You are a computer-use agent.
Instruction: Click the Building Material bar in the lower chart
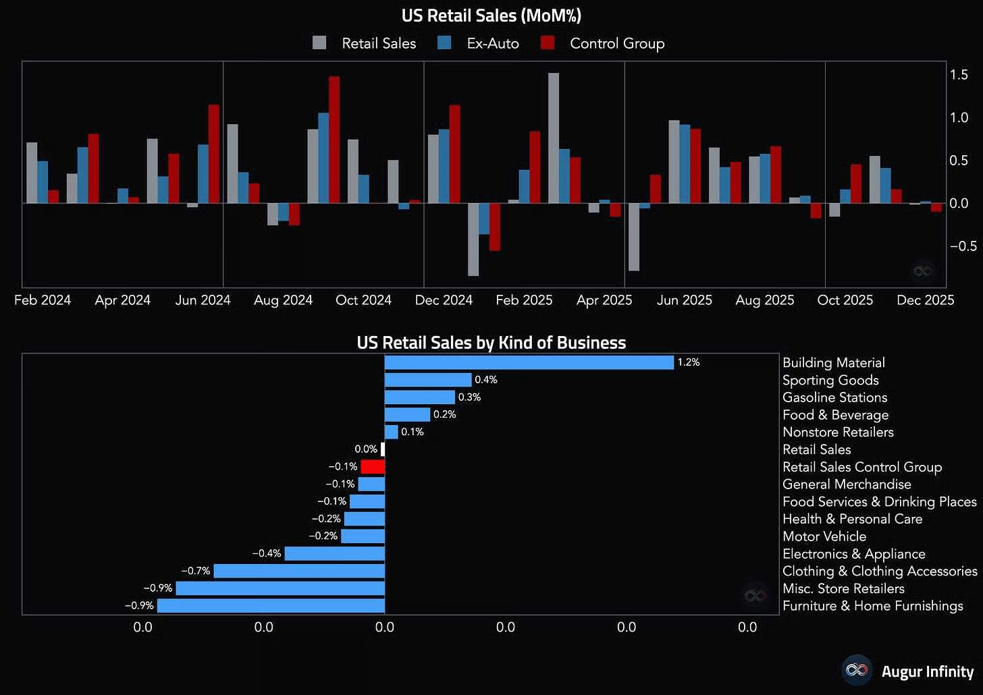coord(529,362)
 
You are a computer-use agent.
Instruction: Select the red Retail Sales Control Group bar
coord(373,466)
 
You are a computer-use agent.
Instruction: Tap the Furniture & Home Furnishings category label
coord(872,606)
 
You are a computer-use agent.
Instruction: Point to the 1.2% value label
coord(689,362)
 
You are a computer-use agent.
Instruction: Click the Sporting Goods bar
coord(427,380)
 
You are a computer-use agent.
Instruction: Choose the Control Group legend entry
coord(616,44)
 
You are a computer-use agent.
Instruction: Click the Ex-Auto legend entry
coord(492,44)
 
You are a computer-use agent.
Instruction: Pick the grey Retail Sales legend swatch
coord(319,43)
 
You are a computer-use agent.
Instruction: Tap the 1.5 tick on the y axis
coord(959,74)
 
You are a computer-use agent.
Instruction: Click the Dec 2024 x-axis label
coord(444,300)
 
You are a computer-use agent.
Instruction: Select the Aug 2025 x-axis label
coord(764,300)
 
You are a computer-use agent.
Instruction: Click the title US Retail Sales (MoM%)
coord(491,15)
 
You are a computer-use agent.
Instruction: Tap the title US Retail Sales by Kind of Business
coord(491,343)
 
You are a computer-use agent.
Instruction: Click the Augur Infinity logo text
coord(927,671)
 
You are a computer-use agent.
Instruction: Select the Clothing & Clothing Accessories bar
coord(299,571)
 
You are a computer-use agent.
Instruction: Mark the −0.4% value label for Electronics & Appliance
coord(267,553)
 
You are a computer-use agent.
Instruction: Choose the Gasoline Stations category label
coord(834,397)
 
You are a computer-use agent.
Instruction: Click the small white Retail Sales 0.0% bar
coord(383,449)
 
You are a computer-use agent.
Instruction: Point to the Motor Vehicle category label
coord(824,536)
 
